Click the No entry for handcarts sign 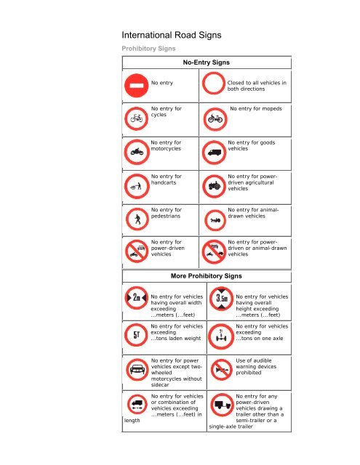(136, 186)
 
